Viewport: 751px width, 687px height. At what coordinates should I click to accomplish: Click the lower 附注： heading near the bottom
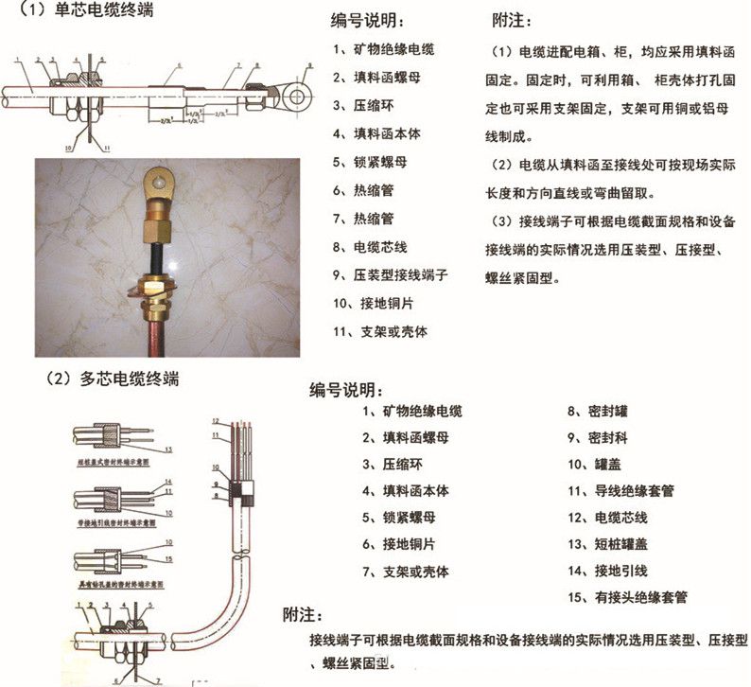tap(305, 616)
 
